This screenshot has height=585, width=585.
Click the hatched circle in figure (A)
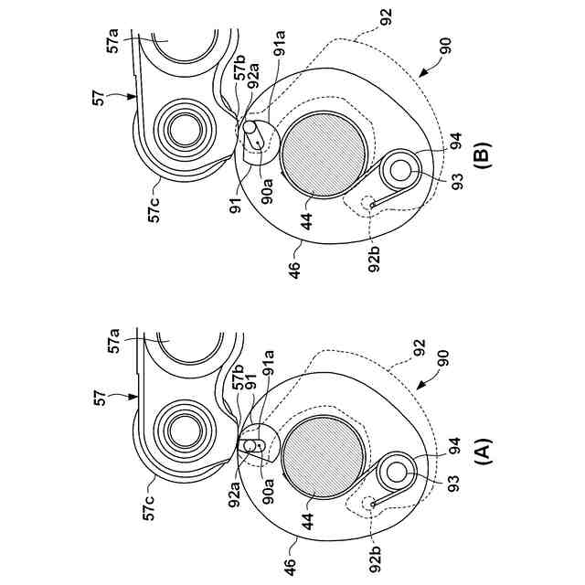(x=324, y=457)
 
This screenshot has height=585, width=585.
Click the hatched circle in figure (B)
(x=324, y=154)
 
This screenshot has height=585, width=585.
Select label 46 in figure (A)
(x=291, y=567)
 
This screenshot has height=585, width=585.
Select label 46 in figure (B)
(x=293, y=271)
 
